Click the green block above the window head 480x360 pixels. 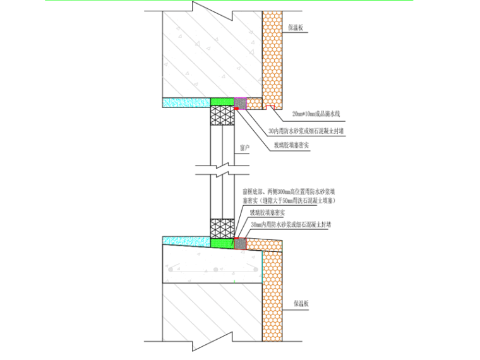222,101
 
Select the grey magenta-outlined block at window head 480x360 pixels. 240,101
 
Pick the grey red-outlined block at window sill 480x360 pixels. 240,242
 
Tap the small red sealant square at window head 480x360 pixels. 236,108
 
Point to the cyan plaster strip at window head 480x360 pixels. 187,101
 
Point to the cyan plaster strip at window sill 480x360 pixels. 187,239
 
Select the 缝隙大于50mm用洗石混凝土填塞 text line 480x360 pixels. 289,200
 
